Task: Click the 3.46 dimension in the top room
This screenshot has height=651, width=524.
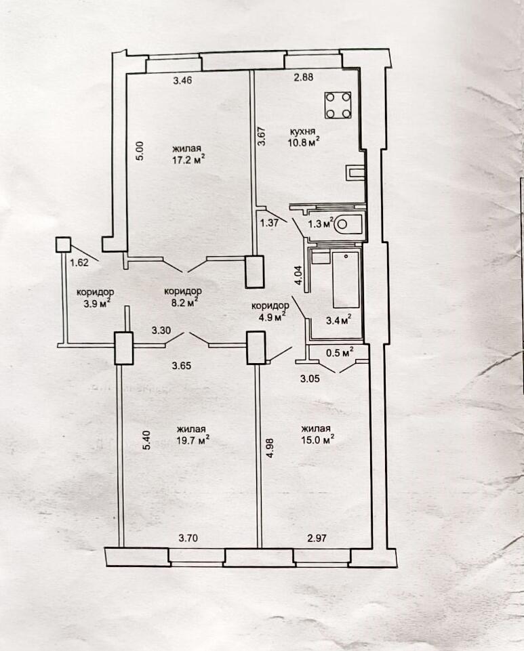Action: pos(182,80)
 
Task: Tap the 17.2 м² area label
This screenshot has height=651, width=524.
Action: pos(189,160)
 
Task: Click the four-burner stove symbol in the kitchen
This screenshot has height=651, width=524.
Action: pos(338,106)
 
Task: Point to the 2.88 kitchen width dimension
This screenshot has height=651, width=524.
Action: pos(303,77)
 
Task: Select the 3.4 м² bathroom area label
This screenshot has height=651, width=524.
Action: pos(338,320)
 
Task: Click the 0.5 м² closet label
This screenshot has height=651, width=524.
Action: pos(339,353)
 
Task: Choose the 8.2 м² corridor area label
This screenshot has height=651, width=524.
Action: pos(183,303)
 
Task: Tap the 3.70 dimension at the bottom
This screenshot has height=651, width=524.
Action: pos(188,539)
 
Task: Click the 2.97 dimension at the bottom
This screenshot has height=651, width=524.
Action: pos(317,539)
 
